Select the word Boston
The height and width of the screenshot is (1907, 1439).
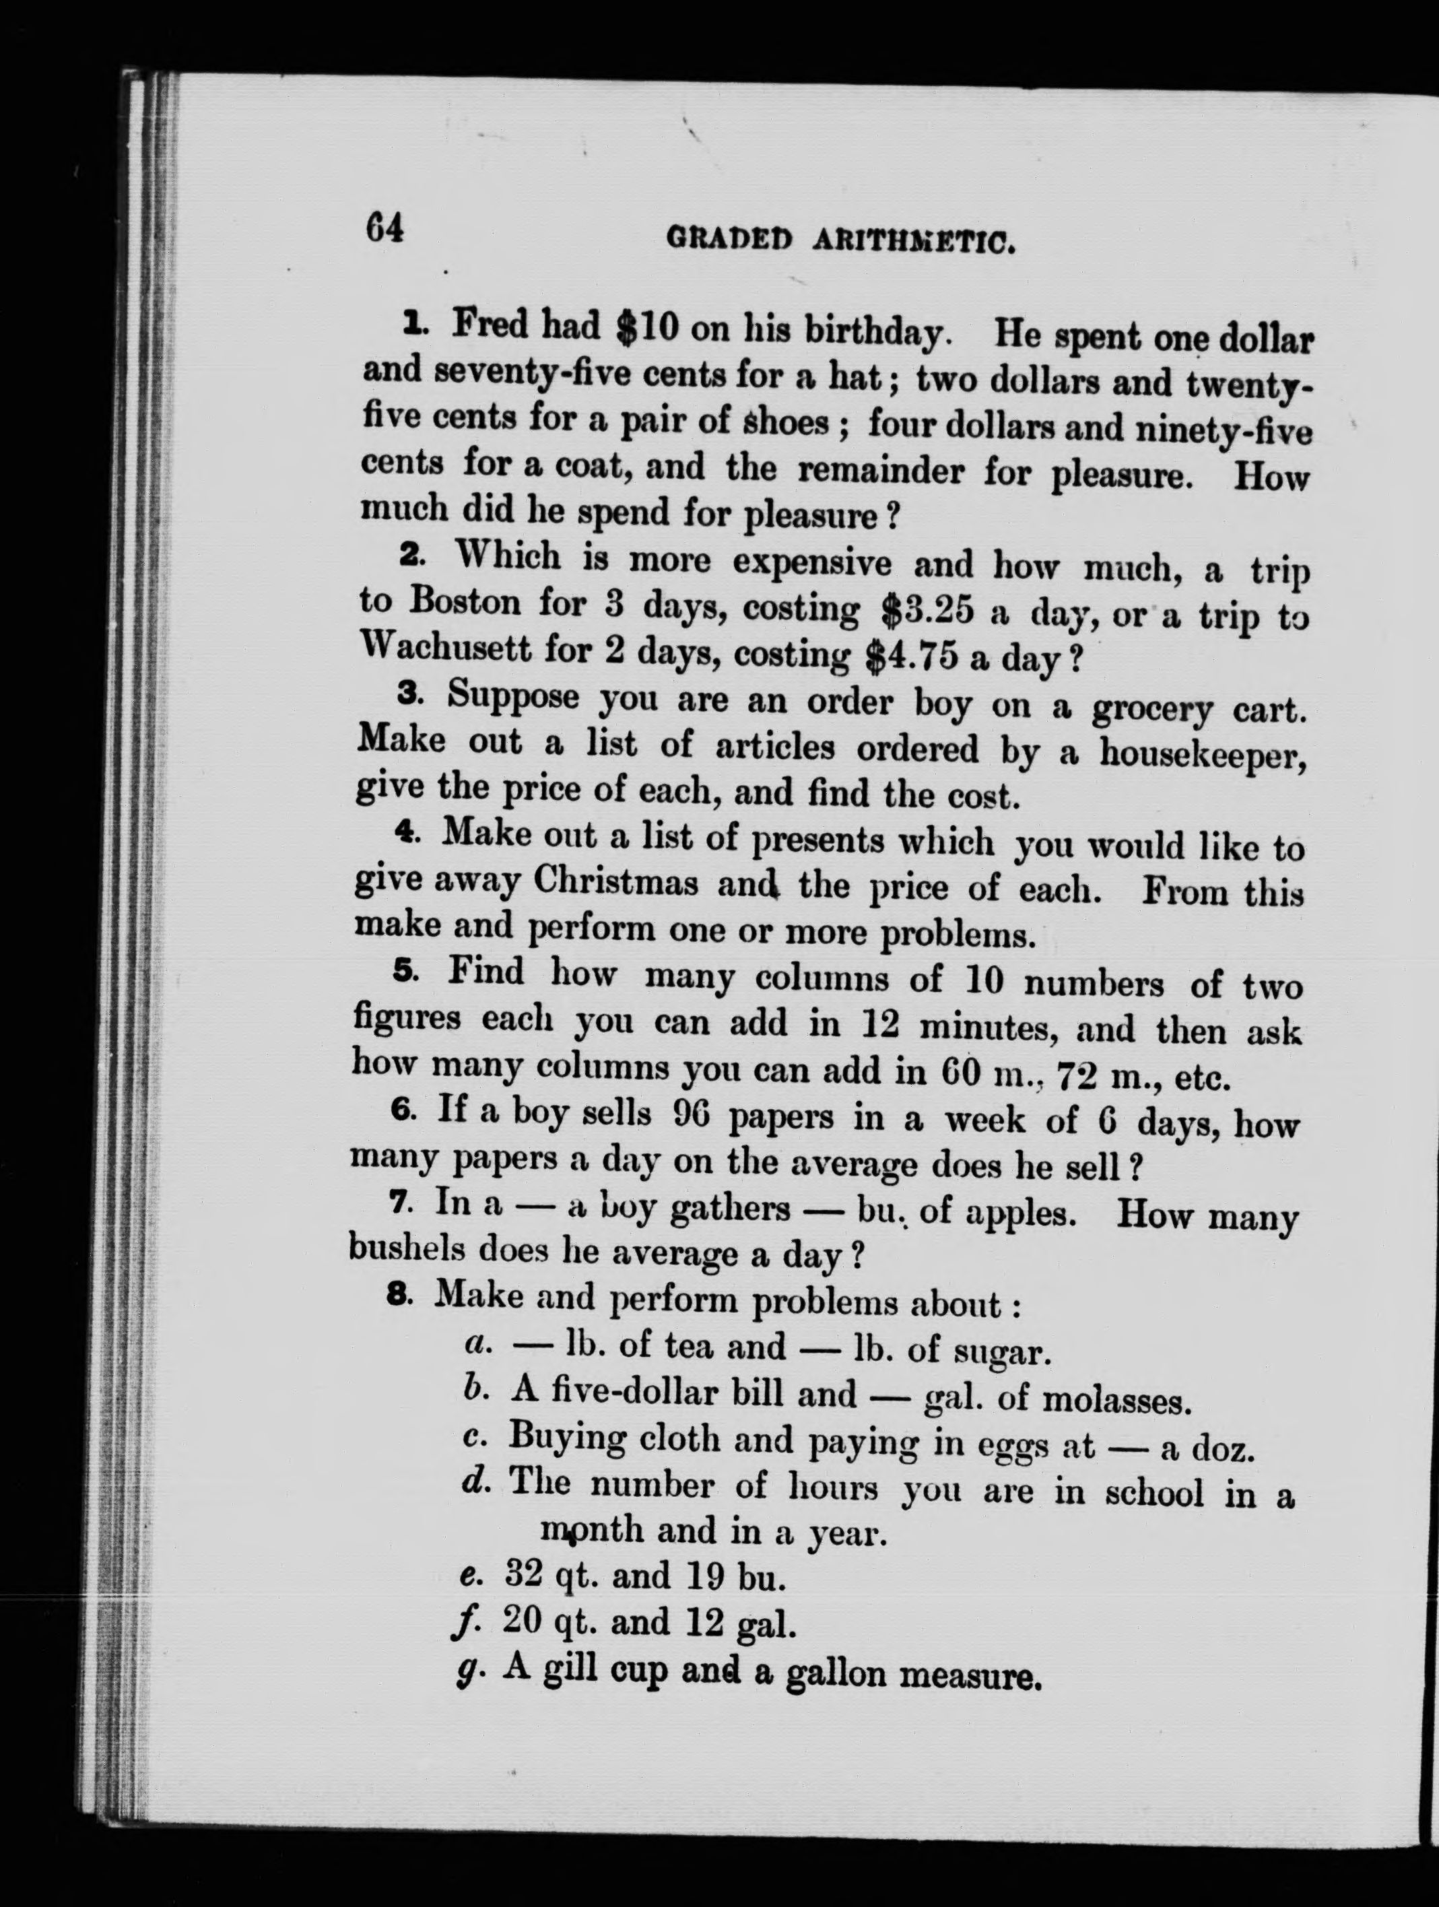tap(465, 600)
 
